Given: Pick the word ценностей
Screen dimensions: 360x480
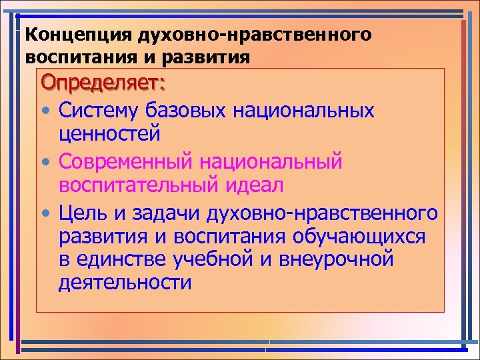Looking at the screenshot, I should point(109,135).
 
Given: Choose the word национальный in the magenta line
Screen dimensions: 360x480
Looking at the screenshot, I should point(277,161).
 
